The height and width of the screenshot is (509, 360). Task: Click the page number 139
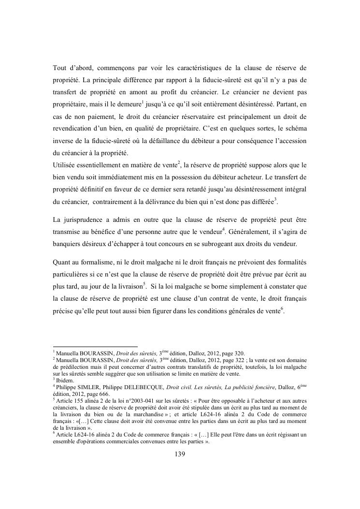tap(180, 454)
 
